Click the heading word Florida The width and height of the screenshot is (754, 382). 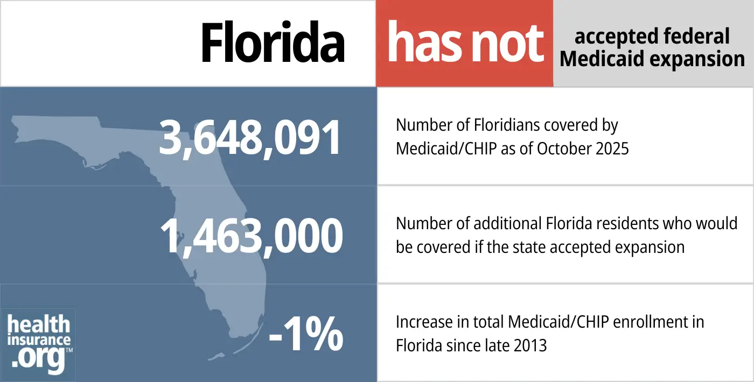click(273, 43)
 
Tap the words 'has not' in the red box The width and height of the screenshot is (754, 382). click(465, 43)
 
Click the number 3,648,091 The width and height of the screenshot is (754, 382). click(250, 138)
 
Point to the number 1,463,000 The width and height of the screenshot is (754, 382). click(252, 236)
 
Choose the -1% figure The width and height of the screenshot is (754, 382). click(305, 334)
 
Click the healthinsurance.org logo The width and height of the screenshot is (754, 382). click(39, 343)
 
